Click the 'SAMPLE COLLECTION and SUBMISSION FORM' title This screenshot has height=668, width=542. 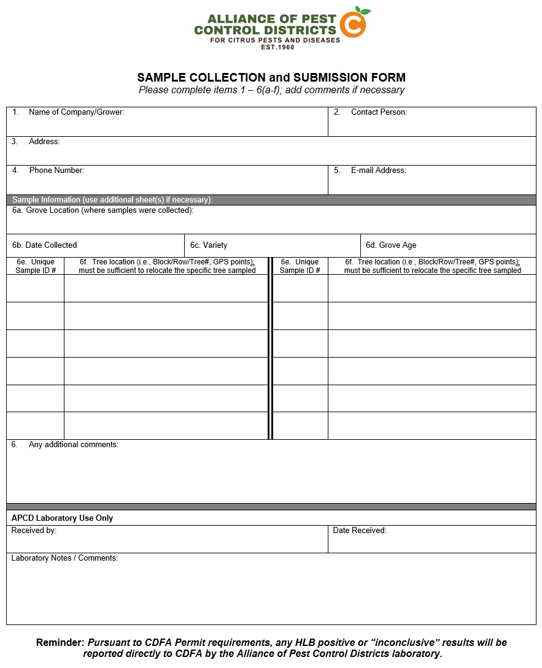271,78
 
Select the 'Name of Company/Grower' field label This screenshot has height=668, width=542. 76,112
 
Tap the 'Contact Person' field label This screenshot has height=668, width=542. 379,112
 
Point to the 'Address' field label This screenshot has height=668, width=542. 44,142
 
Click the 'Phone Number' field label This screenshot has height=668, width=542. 56,171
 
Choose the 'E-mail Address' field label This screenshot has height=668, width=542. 378,171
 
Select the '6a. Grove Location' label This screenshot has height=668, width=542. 103,210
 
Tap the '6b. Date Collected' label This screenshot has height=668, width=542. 45,245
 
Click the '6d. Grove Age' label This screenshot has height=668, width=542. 391,245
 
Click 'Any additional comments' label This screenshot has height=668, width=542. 73,445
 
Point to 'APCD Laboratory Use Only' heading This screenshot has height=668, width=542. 62,518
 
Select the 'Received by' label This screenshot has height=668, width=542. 34,531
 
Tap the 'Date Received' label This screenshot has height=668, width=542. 359,531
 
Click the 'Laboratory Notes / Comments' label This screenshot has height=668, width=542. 64,558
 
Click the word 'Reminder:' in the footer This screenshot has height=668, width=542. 60,643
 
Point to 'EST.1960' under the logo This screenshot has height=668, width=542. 277,47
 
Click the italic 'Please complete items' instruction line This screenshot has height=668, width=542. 271,90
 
